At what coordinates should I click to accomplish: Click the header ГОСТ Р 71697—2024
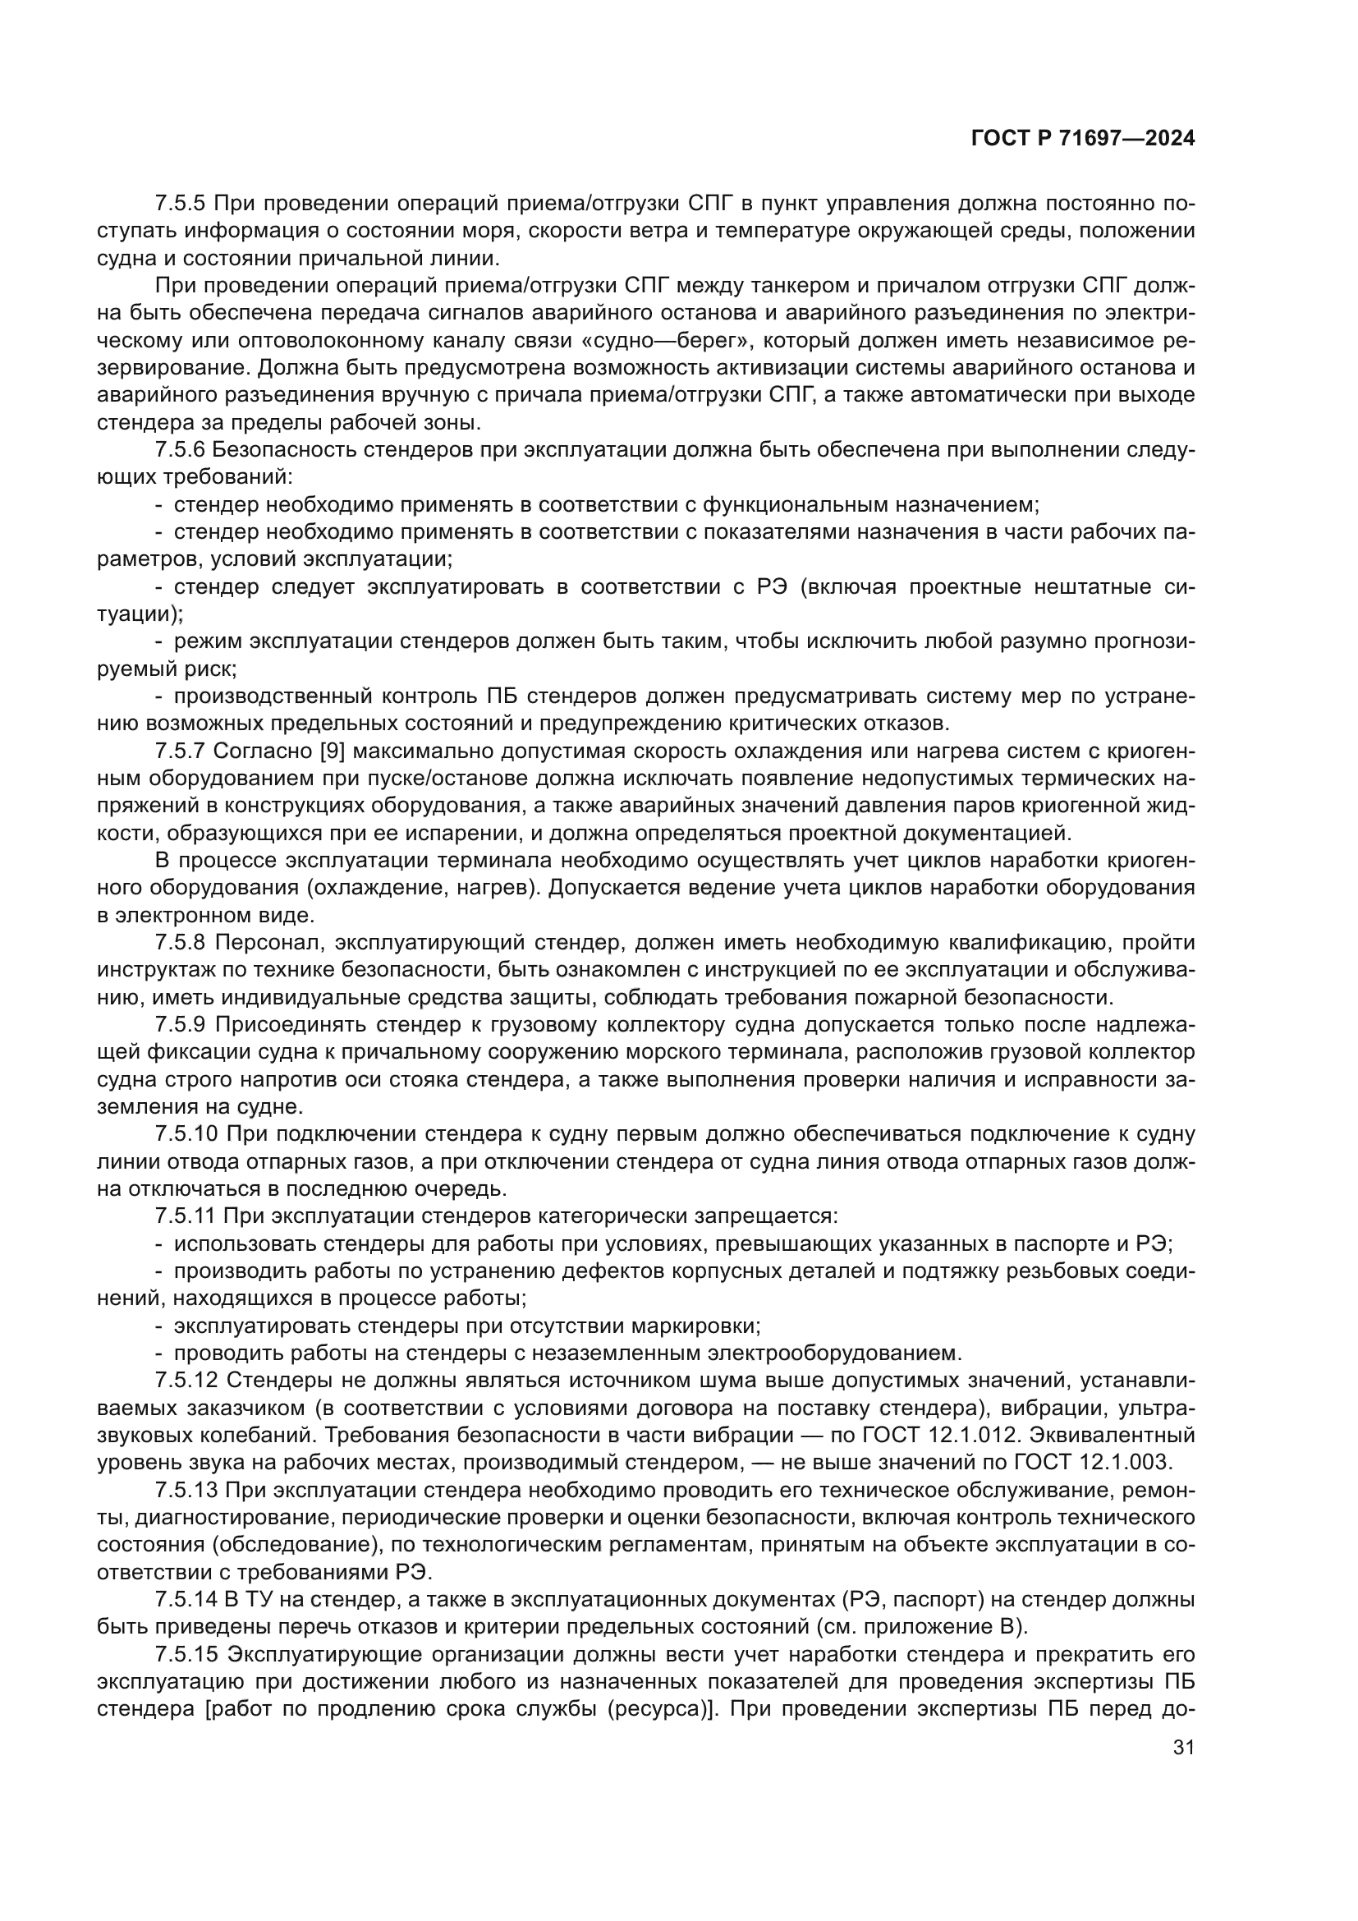click(x=1082, y=138)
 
